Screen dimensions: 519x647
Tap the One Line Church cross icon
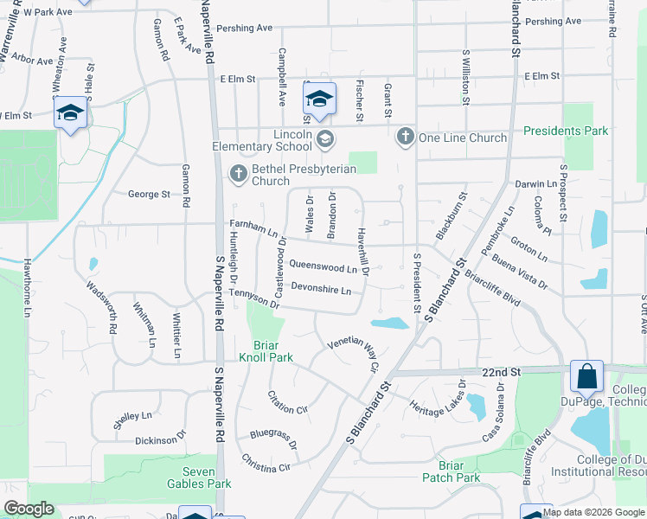[x=406, y=137]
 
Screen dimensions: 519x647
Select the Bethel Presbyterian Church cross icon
[x=239, y=174]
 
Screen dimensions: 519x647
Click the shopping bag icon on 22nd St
[x=586, y=377]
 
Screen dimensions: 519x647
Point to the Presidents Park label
[x=566, y=131]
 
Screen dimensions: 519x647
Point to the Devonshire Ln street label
[x=321, y=289]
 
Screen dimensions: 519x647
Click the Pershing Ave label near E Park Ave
[x=245, y=29]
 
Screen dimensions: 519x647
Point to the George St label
[x=149, y=195]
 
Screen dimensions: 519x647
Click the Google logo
[x=29, y=509]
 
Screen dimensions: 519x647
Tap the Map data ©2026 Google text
[x=593, y=513]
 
